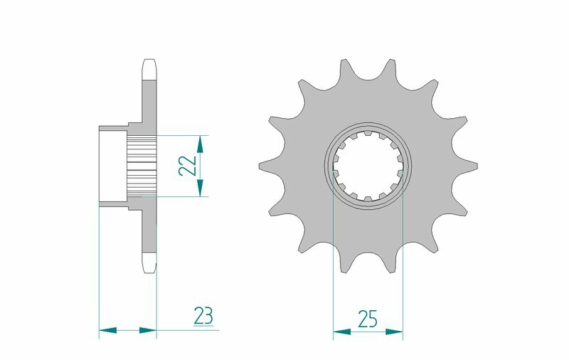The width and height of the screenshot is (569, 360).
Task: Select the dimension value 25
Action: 368,319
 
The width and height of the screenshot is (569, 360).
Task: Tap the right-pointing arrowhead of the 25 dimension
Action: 395,331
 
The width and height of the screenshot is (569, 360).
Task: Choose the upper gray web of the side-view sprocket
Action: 148,103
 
